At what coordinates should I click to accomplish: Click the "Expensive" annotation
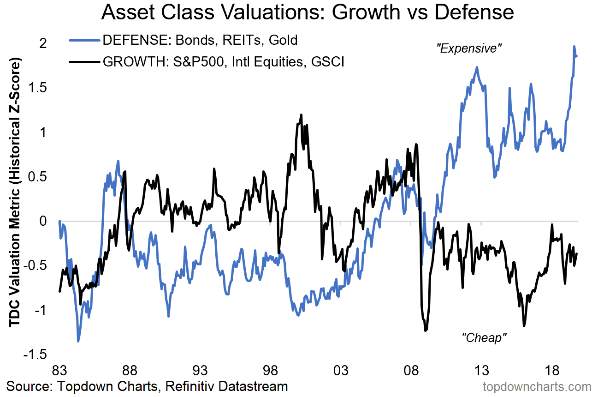coord(469,48)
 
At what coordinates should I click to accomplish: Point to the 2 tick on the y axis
coord(43,43)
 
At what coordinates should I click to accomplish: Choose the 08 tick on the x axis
coord(411,371)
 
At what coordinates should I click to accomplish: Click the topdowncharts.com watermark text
coord(537,386)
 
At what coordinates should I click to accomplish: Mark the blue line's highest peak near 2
coord(574,46)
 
